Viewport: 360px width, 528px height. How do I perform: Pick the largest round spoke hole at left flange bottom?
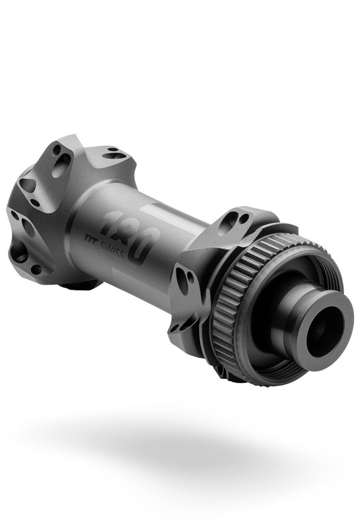(x=18, y=251)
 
